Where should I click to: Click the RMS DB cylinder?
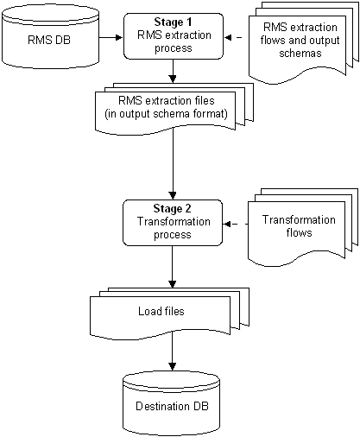50,36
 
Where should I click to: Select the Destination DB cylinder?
172,403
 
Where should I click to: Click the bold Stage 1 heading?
173,22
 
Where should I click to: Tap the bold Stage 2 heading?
172,209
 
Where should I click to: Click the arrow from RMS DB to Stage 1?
111,37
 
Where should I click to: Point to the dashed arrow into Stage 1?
233,37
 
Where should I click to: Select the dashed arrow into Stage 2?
236,224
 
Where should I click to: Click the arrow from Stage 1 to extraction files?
173,71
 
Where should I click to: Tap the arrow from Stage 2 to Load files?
172,267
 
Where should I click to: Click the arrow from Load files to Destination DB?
172,351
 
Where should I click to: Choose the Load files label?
161,311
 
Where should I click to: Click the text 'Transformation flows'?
299,226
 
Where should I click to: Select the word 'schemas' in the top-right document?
300,54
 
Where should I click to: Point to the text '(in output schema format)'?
166,114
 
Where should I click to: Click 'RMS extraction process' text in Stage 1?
174,41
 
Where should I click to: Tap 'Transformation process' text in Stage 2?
174,228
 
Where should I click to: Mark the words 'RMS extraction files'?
167,101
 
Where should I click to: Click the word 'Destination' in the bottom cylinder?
163,406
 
